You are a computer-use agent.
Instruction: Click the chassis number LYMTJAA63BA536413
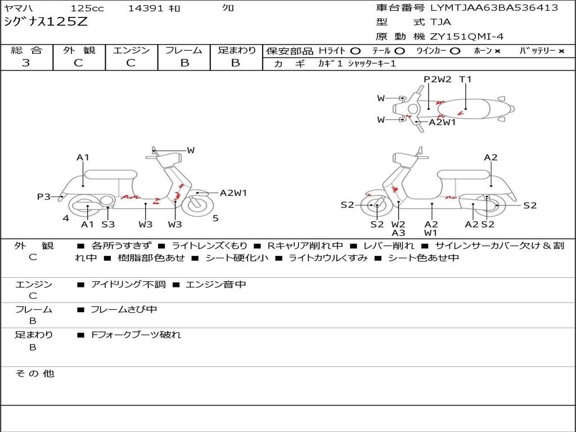494,8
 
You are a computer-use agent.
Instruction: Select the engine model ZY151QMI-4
467,37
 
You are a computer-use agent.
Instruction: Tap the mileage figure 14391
146,8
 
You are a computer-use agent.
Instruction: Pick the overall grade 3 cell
26,63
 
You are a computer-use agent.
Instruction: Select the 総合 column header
26,50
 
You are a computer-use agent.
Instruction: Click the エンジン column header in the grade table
131,50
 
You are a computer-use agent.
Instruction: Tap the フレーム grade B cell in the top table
184,63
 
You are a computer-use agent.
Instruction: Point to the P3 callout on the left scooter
44,196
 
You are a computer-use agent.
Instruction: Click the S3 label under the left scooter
108,224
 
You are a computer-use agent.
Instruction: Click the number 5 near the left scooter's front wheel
215,218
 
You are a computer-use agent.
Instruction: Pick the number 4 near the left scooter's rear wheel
66,218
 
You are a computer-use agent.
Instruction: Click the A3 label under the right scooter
398,233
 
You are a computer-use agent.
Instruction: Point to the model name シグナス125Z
46,22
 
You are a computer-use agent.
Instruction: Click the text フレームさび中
124,309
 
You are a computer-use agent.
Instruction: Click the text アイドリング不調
128,285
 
